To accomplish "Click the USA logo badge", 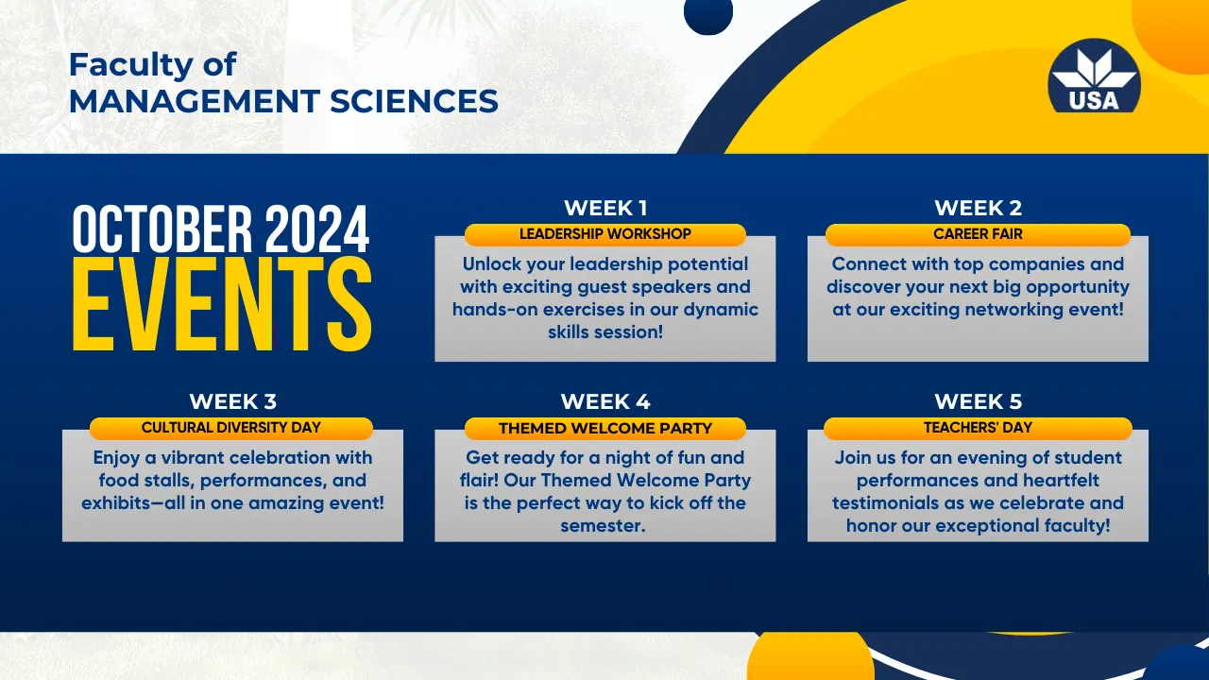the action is (1094, 76).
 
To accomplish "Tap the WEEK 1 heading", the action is (605, 208).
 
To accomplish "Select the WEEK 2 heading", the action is (978, 208).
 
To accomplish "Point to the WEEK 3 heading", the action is (232, 401).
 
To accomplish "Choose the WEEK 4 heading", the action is (605, 401).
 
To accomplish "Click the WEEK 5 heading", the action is (978, 401).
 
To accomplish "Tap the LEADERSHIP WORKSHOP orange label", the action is (605, 234).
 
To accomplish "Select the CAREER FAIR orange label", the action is (978, 234).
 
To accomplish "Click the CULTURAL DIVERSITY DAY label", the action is (231, 428).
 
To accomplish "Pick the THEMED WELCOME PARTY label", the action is (605, 428).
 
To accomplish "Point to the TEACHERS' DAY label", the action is (978, 428).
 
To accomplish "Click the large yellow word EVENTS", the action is (222, 305).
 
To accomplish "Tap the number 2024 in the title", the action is (317, 229).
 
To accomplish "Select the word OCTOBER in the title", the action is (162, 229).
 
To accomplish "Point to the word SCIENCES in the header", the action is (414, 101).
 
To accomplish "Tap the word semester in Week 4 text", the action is (603, 526).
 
